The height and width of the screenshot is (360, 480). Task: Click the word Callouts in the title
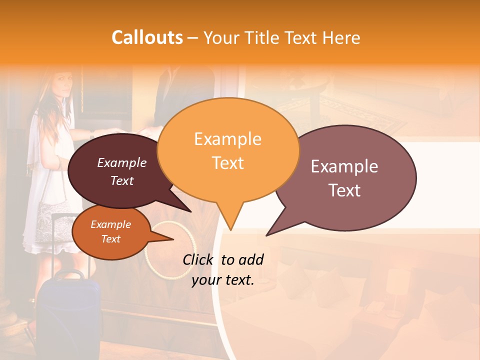pyautogui.click(x=147, y=37)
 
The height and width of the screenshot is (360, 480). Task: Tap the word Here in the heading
pyautogui.click(x=341, y=37)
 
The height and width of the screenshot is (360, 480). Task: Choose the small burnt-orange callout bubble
pyautogui.click(x=110, y=232)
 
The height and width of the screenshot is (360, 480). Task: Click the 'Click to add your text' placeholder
pyautogui.click(x=223, y=270)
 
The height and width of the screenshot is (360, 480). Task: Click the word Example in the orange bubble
pyautogui.click(x=227, y=139)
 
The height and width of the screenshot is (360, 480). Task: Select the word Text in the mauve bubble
pyautogui.click(x=345, y=190)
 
